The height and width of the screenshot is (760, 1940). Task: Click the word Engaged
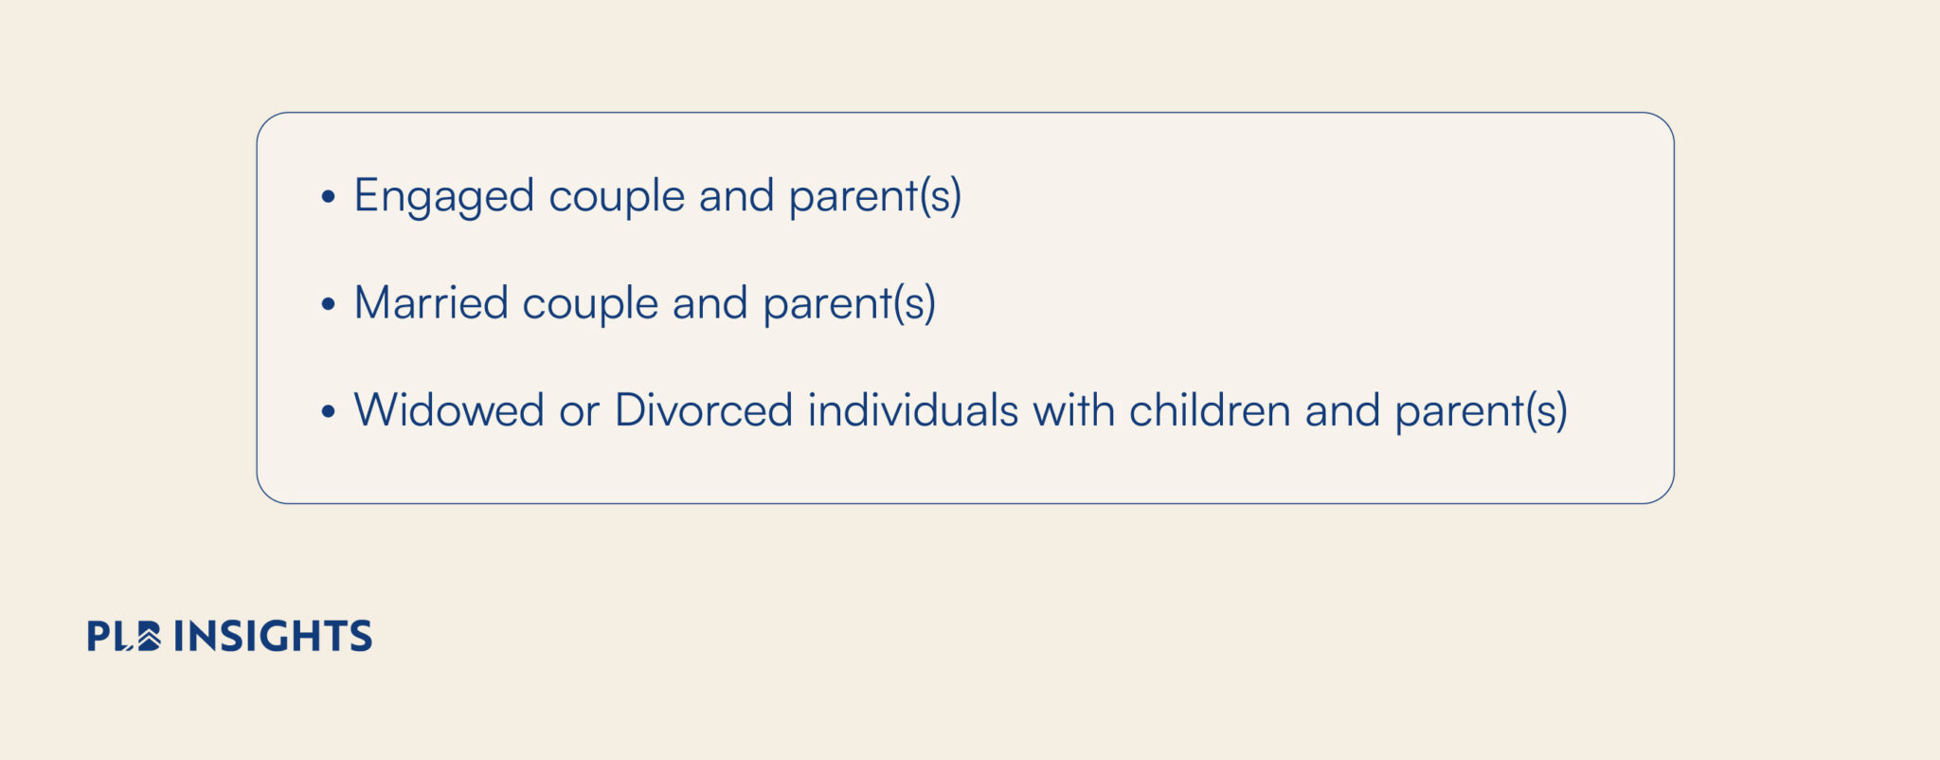(444, 197)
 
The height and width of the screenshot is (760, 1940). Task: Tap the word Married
(431, 303)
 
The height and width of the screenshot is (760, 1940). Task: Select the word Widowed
(449, 410)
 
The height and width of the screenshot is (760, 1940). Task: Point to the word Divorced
(704, 410)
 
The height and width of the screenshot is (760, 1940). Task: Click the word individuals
(913, 410)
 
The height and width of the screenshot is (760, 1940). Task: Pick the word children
(1210, 410)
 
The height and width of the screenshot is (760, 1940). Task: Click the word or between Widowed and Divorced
(579, 414)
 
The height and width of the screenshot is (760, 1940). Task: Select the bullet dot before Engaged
(328, 197)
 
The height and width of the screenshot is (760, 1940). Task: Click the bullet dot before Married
(328, 304)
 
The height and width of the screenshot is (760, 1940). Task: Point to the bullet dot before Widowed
(328, 411)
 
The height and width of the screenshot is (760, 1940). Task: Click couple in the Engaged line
(617, 197)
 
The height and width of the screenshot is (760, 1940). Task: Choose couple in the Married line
(590, 305)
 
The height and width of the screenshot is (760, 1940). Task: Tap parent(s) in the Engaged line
(875, 197)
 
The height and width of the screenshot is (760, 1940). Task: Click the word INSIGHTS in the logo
(273, 636)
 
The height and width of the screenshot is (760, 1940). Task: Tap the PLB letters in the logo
(124, 636)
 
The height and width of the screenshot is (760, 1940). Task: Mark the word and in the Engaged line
(737, 196)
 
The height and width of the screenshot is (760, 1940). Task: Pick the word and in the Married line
(710, 303)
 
